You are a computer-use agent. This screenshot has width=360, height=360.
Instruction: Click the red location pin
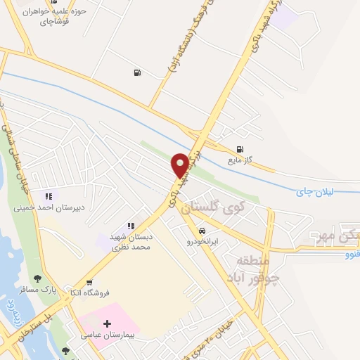(x=180, y=164)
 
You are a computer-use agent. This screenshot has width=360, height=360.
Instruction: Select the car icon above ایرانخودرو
(x=202, y=231)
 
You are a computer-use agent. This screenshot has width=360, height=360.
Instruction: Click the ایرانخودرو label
(x=202, y=241)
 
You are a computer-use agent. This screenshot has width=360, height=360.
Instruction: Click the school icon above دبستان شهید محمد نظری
(x=129, y=225)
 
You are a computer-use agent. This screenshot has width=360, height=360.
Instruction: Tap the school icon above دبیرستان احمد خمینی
(x=49, y=196)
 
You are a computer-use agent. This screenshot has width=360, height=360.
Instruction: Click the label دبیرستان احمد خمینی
(x=49, y=208)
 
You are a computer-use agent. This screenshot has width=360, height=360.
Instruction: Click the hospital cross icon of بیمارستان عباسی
(x=107, y=325)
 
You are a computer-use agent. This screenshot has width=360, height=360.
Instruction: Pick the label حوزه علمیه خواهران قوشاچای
(x=52, y=17)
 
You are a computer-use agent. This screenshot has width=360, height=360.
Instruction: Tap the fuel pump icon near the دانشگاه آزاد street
(x=136, y=72)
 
